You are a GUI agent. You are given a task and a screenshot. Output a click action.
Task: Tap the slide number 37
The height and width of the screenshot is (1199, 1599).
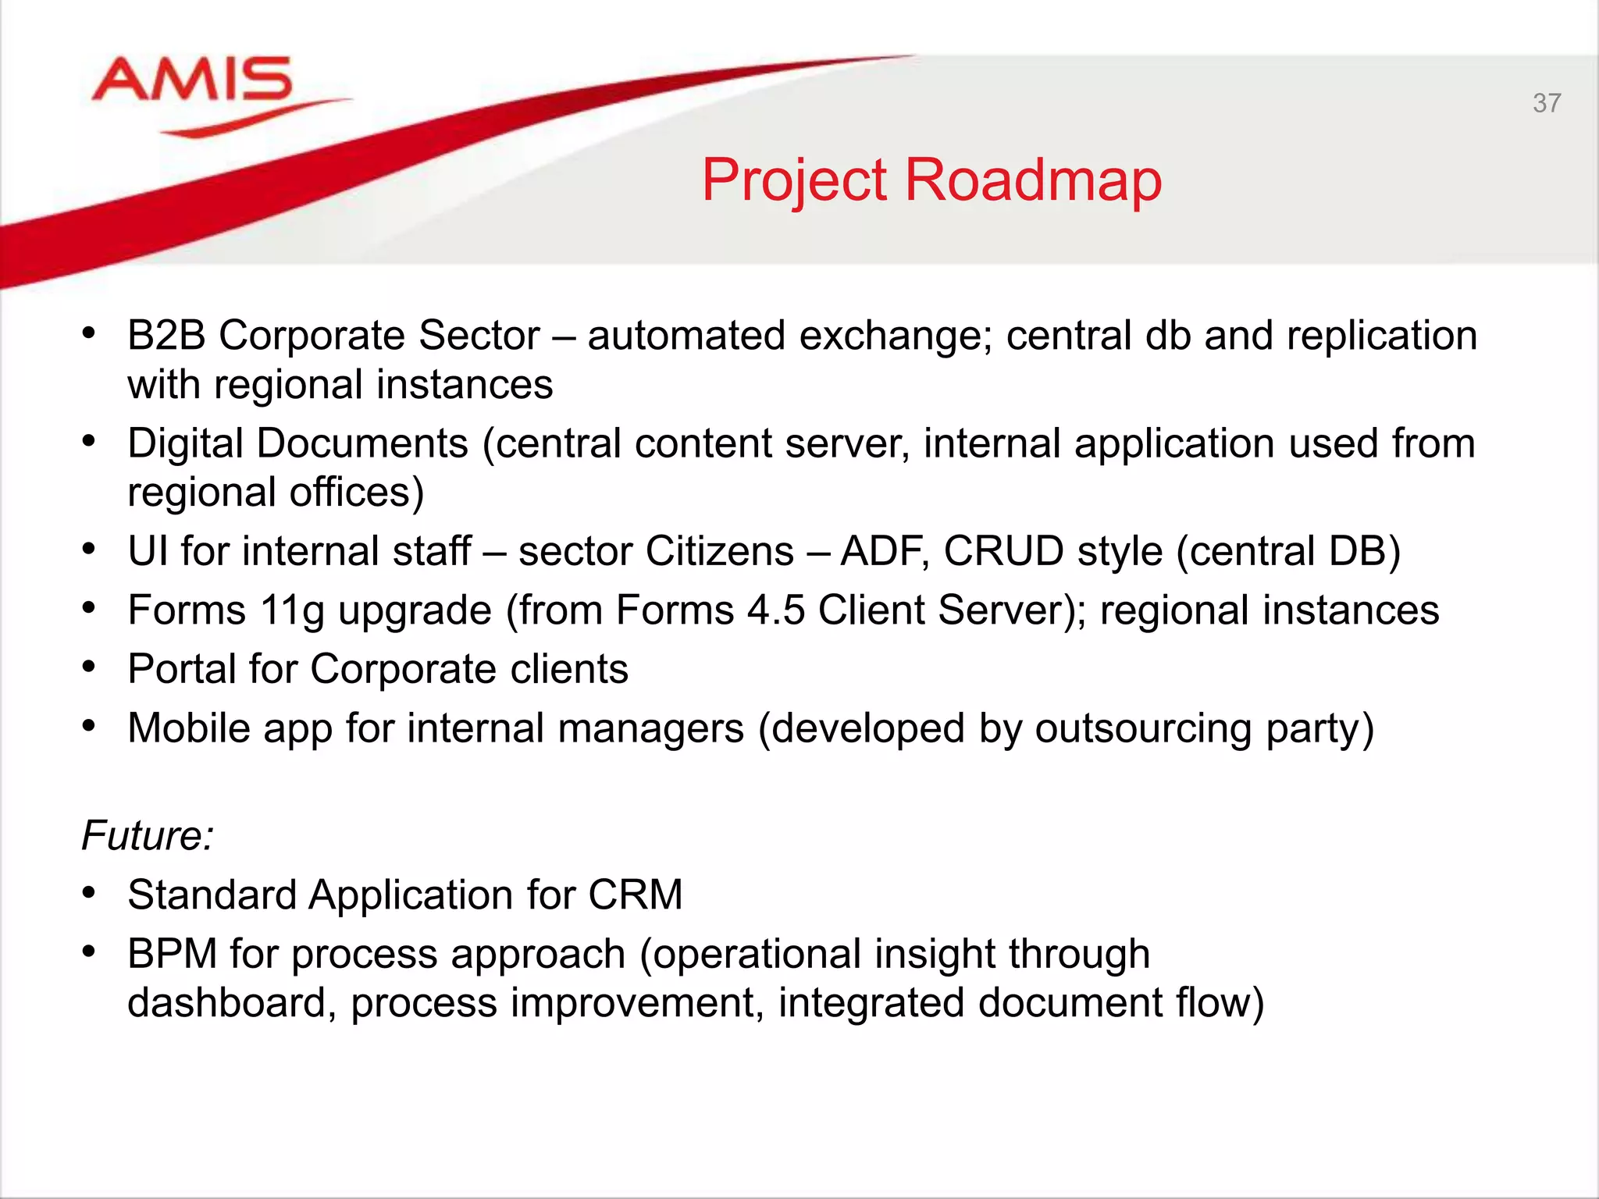click(x=1546, y=103)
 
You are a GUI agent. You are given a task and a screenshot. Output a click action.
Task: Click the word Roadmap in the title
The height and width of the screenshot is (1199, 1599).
click(x=1033, y=180)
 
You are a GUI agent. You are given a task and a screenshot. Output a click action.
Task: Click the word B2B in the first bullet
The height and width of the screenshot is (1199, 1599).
click(x=166, y=336)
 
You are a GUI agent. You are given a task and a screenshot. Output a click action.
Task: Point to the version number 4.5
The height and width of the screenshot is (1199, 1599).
click(x=775, y=610)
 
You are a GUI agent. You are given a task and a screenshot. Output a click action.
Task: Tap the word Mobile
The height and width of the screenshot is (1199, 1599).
click(x=188, y=728)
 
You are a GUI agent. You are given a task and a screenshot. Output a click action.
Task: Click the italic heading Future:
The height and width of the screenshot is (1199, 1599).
click(x=148, y=836)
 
